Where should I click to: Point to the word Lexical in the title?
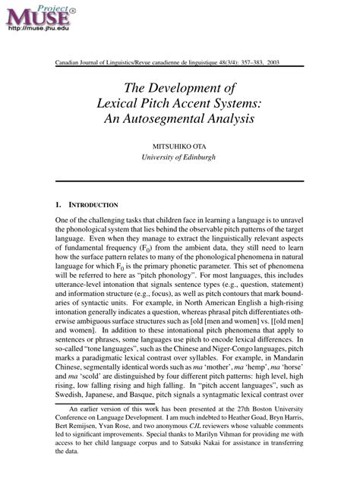coord(131,102)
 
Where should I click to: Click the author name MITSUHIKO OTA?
coord(179,144)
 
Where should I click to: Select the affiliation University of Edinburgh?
coord(179,157)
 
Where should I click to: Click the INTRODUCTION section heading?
coord(93,205)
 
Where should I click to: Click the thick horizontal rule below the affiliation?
coord(179,181)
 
